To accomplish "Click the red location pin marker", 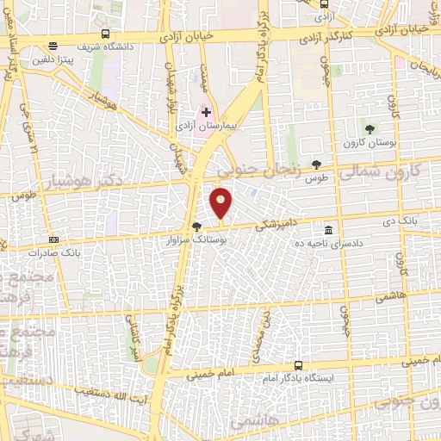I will [221, 202].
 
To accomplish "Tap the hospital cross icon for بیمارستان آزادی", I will [206, 113].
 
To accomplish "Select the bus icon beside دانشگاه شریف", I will [105, 34].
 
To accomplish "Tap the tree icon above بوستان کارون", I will [370, 129].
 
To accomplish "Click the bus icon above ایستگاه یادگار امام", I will [299, 365].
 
